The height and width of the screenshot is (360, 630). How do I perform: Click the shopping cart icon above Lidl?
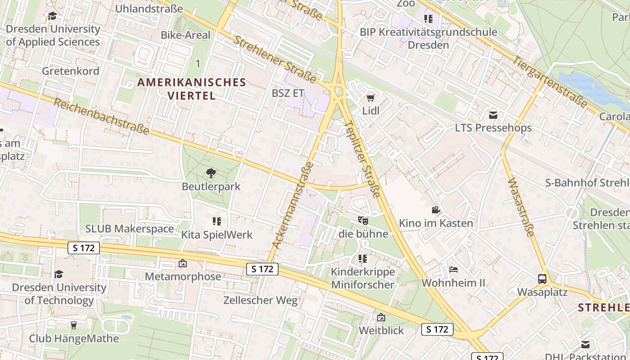click(x=371, y=98)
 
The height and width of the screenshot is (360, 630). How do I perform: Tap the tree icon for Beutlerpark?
click(x=211, y=173)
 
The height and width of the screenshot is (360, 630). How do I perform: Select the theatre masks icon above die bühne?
click(x=363, y=220)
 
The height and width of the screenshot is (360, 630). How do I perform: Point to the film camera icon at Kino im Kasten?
click(x=436, y=210)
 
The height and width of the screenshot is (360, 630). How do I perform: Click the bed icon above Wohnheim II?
click(x=454, y=270)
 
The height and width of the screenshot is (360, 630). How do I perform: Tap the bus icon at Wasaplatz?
click(x=542, y=279)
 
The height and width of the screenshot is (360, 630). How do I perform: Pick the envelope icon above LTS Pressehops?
click(x=493, y=115)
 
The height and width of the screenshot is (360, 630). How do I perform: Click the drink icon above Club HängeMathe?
click(x=74, y=325)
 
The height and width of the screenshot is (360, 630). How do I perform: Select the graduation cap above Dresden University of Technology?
click(x=58, y=274)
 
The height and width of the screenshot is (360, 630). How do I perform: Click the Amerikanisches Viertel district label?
click(x=192, y=89)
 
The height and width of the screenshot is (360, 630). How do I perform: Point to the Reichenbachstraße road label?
click(x=101, y=117)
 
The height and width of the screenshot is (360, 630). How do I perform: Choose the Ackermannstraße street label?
click(x=293, y=205)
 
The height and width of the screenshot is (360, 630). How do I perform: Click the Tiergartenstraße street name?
click(x=550, y=81)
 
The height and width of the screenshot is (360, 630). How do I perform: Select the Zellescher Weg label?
click(x=261, y=300)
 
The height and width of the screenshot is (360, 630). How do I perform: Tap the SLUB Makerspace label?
click(x=130, y=229)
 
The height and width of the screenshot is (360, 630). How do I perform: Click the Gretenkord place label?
click(x=70, y=71)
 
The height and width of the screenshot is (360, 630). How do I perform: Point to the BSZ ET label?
click(x=288, y=94)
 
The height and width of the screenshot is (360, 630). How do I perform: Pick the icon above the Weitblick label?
click(x=381, y=317)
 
